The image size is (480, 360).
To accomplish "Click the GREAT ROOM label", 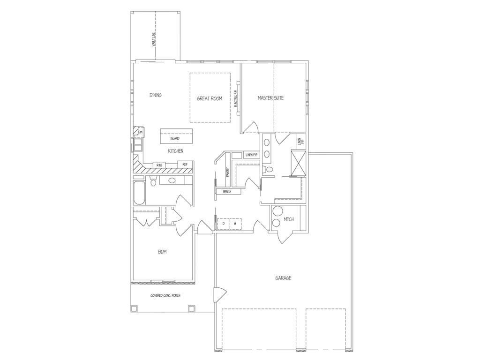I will tap(210, 98).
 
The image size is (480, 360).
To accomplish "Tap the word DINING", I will tap(156, 95).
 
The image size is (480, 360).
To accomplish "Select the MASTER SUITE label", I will tap(270, 98).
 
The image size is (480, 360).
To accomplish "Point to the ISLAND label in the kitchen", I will tap(174, 139).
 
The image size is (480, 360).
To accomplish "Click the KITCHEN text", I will tap(175, 151).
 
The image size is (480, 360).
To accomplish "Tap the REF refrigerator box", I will tap(185, 165).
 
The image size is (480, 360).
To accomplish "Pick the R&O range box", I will tap(159, 165).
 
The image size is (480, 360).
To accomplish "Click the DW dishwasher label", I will tap(140, 133).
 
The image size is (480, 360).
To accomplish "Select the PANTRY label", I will tap(228, 172).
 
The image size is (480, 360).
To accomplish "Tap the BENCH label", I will tap(227, 192).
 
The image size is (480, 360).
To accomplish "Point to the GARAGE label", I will tap(283, 278).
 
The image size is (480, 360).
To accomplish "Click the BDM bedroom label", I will tap(162, 252).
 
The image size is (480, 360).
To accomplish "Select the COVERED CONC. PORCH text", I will tap(165, 295).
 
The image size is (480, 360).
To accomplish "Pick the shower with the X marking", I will tap(299, 163).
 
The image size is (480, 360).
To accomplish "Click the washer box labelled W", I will tap(235, 224).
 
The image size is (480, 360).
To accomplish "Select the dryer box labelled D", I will tap(223, 224).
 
